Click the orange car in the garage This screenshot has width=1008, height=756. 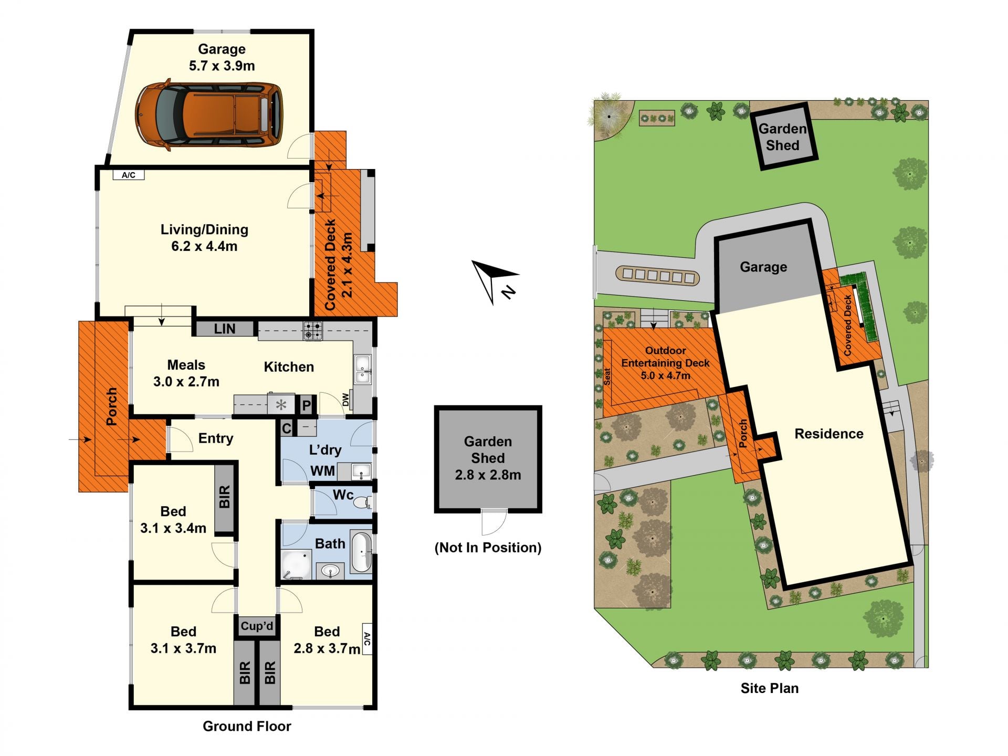click(x=209, y=114)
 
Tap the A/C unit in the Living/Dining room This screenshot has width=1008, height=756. click(x=129, y=175)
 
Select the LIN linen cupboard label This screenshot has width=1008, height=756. click(x=225, y=329)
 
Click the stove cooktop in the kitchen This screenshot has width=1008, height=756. click(x=313, y=330)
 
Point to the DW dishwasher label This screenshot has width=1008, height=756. click(x=345, y=400)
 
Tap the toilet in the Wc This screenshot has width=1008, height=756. click(x=362, y=503)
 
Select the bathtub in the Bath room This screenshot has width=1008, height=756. click(x=361, y=552)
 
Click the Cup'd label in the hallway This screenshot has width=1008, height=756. click(x=257, y=626)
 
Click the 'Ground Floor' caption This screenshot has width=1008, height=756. click(x=247, y=726)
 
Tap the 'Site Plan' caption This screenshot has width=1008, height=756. click(x=770, y=688)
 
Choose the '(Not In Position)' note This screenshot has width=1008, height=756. click(x=488, y=548)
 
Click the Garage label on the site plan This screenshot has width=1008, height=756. click(x=763, y=267)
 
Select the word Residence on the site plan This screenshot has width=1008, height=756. click(x=829, y=434)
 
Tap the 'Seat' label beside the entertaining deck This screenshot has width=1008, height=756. click(x=607, y=376)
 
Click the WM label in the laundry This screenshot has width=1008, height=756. click(x=323, y=471)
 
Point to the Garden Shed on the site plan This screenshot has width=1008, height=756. click(x=783, y=136)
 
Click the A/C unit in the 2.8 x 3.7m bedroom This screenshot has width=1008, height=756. click(x=367, y=639)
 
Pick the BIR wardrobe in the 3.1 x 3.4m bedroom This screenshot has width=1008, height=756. click(x=224, y=497)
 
